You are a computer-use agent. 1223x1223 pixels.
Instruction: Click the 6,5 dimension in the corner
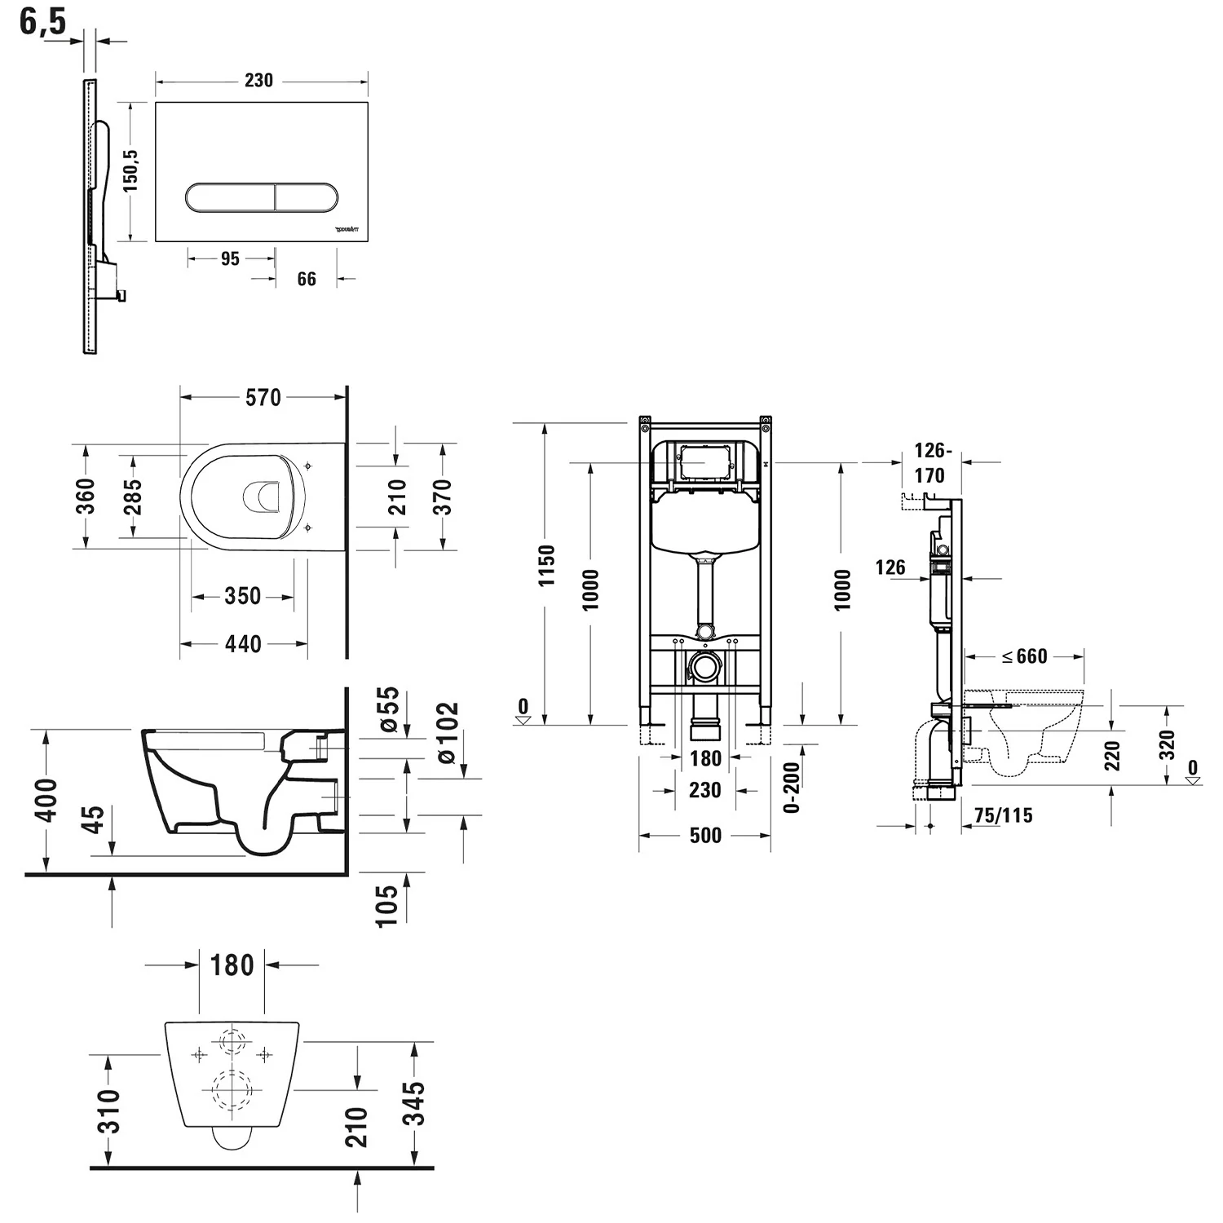pos(42,21)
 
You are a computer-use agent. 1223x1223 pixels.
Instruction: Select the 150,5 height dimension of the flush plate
pos(130,170)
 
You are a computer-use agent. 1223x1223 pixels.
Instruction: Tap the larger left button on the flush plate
pos(230,197)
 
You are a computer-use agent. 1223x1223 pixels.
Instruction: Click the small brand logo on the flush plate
pos(347,231)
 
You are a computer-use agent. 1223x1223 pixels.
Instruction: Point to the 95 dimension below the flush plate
pos(231,258)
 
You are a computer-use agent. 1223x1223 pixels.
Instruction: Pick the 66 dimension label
pos(307,279)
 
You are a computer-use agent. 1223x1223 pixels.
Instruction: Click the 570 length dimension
pos(263,397)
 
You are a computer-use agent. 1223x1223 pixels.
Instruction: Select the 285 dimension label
pos(132,497)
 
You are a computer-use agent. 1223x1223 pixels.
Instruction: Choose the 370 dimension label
pos(442,497)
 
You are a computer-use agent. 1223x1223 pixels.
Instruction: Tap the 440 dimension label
pos(243,644)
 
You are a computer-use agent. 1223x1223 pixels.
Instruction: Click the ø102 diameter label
pos(447,732)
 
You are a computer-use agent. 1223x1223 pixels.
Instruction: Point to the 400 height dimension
pos(48,800)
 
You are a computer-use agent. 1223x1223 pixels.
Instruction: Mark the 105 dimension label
pos(387,905)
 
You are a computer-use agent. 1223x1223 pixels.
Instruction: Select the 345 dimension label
pos(415,1102)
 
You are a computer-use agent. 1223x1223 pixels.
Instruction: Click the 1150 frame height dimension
pos(546,565)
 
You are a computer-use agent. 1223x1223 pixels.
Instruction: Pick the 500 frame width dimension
pos(705,836)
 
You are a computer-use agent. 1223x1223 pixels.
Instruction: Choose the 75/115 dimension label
pos(1003,815)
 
